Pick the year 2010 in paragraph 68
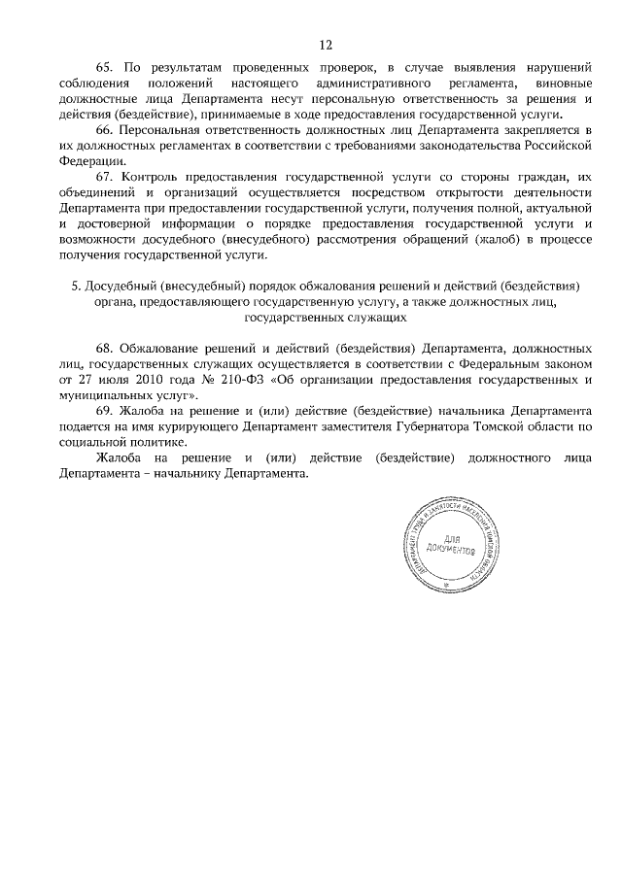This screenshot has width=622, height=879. pos(154,381)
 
